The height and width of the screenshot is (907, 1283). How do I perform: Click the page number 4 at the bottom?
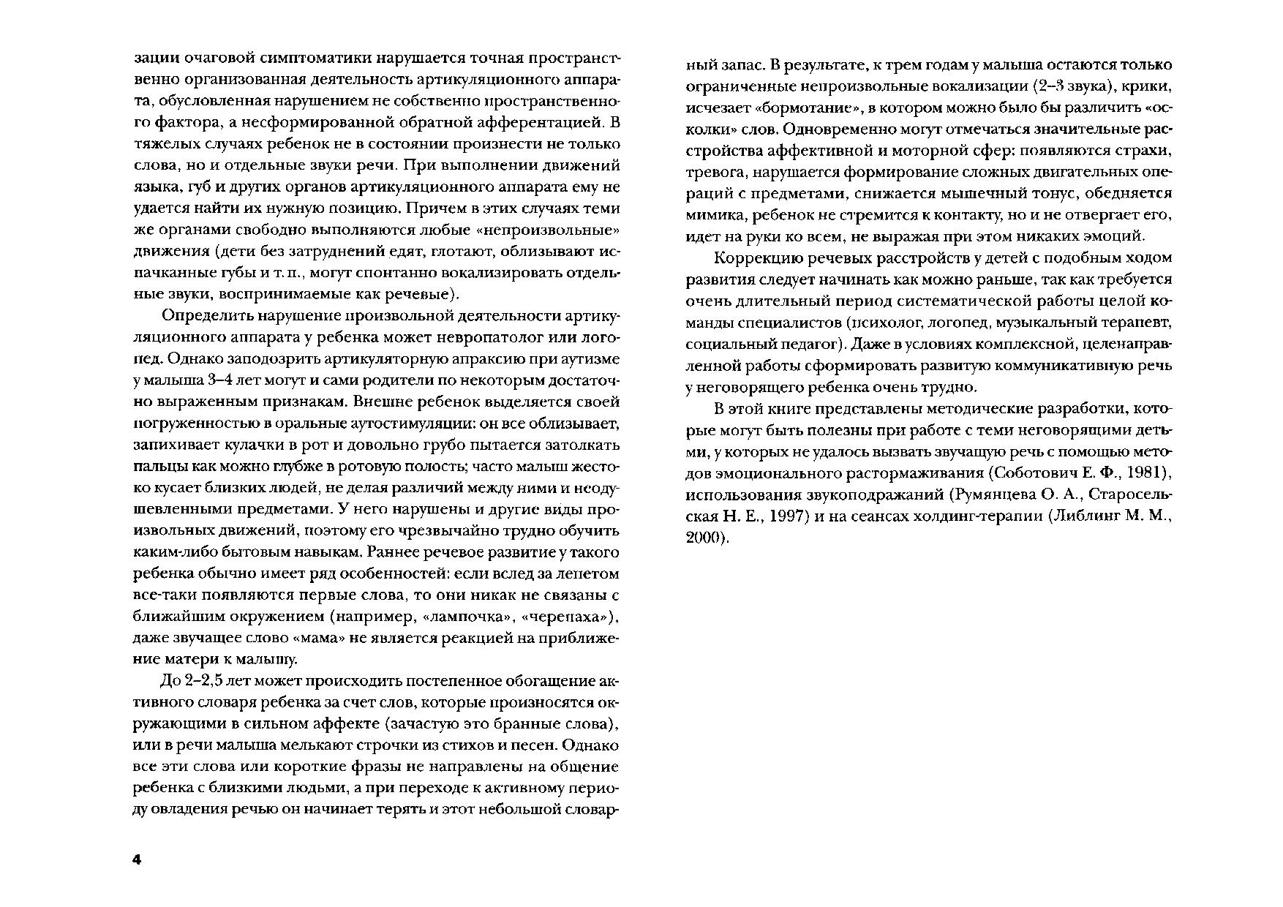[136, 859]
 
